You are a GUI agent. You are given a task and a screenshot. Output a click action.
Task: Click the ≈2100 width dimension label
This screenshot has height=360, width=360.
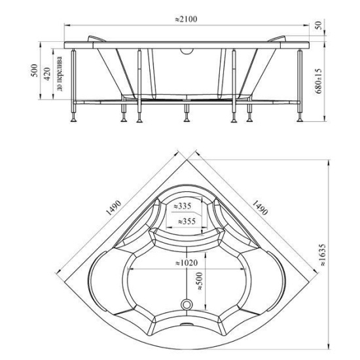[x=186, y=19]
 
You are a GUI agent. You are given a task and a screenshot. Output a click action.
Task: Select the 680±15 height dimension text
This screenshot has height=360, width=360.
[x=319, y=81]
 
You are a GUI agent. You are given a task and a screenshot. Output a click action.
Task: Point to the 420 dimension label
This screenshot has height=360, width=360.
[x=47, y=74]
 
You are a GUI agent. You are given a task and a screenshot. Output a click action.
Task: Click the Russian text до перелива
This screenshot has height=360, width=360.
[x=60, y=73]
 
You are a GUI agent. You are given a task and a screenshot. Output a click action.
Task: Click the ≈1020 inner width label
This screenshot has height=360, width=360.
[x=186, y=262]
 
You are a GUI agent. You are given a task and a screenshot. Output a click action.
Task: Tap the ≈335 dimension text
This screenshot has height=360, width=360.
[x=182, y=206]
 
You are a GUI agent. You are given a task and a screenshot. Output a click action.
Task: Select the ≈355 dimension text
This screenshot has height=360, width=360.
[x=187, y=221]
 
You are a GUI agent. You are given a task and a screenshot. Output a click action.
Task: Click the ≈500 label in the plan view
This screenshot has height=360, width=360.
[x=199, y=281]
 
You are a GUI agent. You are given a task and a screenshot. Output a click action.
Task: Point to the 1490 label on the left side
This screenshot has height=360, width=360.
[x=113, y=207]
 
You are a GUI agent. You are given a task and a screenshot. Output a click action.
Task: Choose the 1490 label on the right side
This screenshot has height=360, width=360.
[x=260, y=207]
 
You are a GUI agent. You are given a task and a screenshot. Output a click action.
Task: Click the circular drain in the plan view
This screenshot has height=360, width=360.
[x=186, y=305]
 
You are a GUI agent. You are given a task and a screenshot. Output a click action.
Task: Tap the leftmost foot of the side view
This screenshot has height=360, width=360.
[x=74, y=119]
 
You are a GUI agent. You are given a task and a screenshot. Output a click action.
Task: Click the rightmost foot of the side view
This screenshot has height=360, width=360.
[x=300, y=119]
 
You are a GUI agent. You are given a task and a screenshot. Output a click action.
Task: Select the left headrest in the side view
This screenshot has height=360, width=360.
[x=96, y=39]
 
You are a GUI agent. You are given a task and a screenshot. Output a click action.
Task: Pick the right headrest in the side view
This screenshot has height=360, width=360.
[x=277, y=39]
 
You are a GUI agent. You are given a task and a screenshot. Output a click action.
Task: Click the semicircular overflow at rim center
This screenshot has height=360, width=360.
[x=187, y=52]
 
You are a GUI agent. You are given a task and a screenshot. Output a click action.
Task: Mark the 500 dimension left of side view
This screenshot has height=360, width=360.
[x=34, y=71]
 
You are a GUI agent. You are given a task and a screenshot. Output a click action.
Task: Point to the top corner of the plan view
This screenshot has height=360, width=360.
[x=187, y=160]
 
